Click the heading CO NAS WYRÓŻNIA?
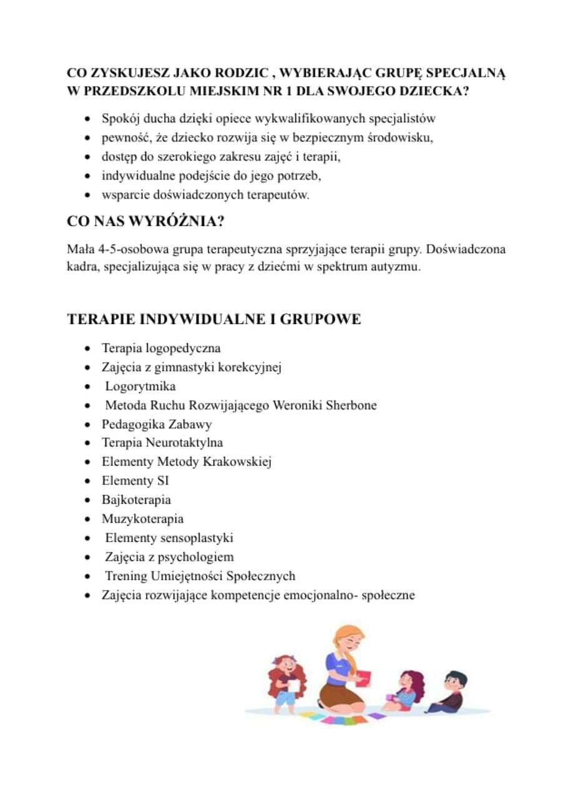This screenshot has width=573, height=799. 145,222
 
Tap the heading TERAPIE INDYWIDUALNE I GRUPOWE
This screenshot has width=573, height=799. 213,319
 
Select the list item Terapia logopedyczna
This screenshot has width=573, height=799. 161,348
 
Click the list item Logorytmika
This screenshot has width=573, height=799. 140,386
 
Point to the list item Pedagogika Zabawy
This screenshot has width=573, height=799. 157,424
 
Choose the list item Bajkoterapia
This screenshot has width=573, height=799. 136,499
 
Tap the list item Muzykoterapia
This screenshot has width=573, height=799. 142,519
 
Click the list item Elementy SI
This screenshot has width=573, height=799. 135,481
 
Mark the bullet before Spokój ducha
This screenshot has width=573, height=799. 89,118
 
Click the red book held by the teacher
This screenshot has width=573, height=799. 363,679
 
